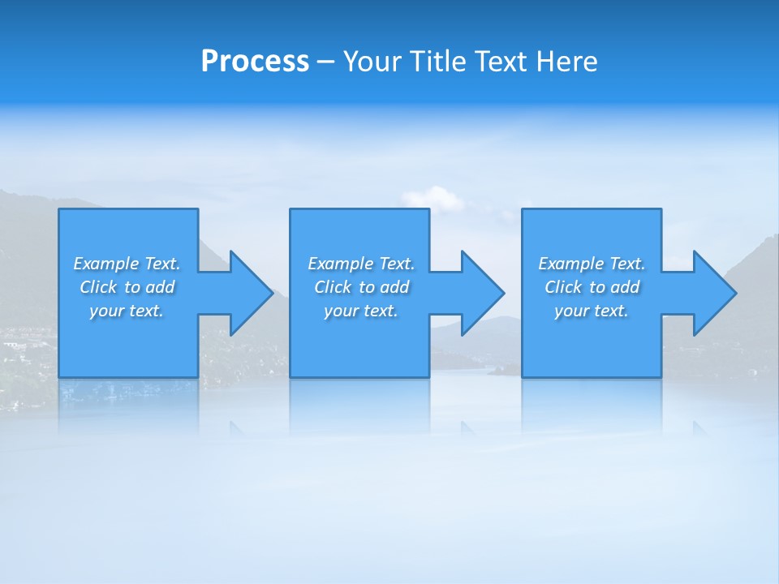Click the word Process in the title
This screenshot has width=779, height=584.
255,62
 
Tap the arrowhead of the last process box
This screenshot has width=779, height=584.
713,293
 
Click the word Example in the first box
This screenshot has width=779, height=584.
106,264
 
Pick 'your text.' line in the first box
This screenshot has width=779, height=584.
127,311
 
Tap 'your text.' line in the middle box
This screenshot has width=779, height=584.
361,311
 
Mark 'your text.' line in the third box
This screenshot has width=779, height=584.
592,311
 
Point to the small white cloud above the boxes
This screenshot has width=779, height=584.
432,197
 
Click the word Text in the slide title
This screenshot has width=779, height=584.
499,62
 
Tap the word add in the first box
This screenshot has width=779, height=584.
160,287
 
